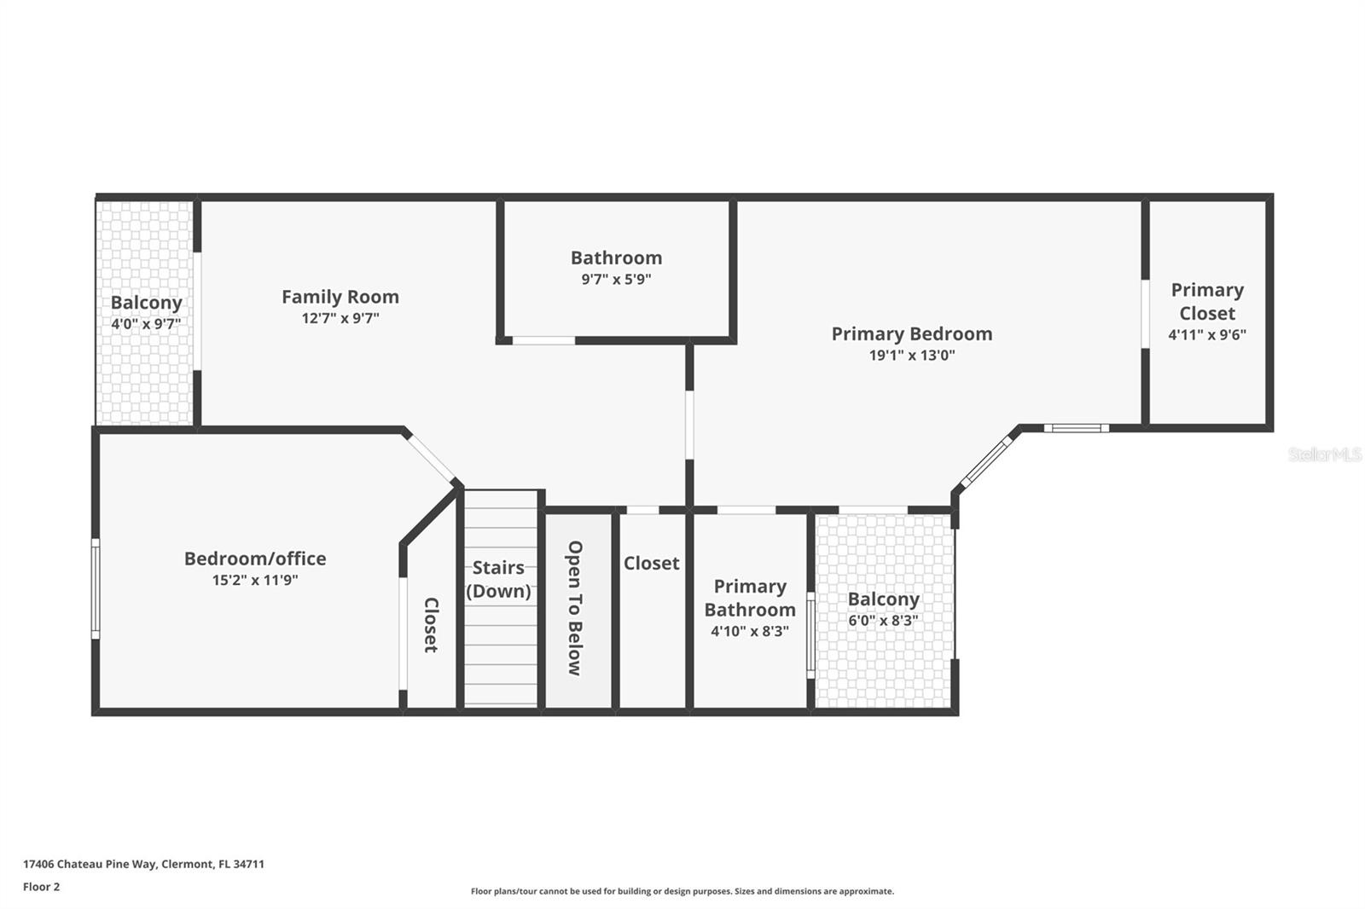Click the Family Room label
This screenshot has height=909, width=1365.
[x=340, y=297]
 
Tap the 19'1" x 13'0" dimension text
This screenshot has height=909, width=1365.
[x=912, y=356]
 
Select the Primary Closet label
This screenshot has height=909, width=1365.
[x=1207, y=301]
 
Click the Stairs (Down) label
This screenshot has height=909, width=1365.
[x=498, y=579]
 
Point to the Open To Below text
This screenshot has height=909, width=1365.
[x=575, y=608]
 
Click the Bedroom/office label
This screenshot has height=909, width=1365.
[x=255, y=559]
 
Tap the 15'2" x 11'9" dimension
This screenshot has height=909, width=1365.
[x=255, y=581]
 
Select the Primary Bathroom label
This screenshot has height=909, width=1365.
[x=750, y=598]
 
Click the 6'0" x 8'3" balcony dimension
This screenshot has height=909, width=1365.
[x=883, y=621]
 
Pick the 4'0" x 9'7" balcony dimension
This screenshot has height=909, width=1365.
[x=146, y=324]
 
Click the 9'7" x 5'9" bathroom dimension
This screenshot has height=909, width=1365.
[x=616, y=279]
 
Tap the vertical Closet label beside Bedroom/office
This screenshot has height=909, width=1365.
[x=431, y=625]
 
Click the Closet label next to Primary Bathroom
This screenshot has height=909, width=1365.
[x=651, y=563]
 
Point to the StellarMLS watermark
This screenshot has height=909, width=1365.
[x=1324, y=454]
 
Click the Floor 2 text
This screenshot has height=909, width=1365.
[x=41, y=887]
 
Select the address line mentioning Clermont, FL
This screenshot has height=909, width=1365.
[x=143, y=864]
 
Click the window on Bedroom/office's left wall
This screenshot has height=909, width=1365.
[x=96, y=588]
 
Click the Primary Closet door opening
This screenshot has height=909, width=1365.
[x=1145, y=313]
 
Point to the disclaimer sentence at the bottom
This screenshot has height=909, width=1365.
[x=682, y=891]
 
